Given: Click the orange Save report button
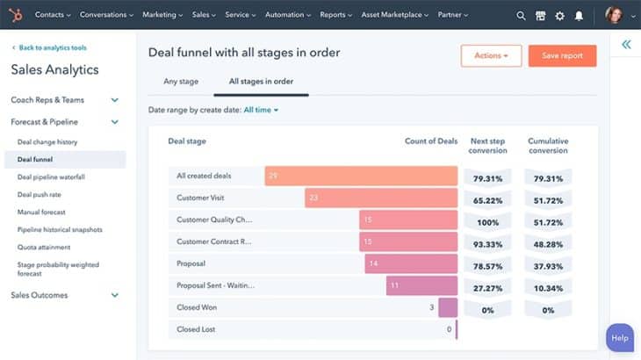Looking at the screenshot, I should pyautogui.click(x=562, y=56).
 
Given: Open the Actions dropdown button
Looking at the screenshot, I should pyautogui.click(x=491, y=56).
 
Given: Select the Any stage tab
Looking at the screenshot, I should pyautogui.click(x=181, y=82).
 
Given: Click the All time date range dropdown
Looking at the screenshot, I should pyautogui.click(x=261, y=110).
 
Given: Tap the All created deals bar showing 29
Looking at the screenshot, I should pyautogui.click(x=361, y=176).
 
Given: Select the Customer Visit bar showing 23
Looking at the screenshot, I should pyautogui.click(x=381, y=198).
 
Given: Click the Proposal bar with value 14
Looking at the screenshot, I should pyautogui.click(x=411, y=263).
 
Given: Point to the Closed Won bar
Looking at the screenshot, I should pyautogui.click(x=448, y=307).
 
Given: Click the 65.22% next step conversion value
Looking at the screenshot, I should pyautogui.click(x=487, y=200).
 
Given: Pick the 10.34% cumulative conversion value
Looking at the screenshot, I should pyautogui.click(x=548, y=288).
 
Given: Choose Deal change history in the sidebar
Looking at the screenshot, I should pyautogui.click(x=47, y=141).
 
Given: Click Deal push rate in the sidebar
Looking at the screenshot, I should pyautogui.click(x=40, y=194).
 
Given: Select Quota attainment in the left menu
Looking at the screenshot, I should pyautogui.click(x=45, y=247).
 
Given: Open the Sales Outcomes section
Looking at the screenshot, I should pyautogui.click(x=40, y=295).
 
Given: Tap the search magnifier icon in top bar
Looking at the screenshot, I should pyautogui.click(x=521, y=15).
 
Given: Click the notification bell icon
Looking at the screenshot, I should pyautogui.click(x=579, y=15).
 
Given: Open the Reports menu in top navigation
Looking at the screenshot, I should pyautogui.click(x=336, y=15).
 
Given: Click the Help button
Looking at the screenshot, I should pyautogui.click(x=620, y=338).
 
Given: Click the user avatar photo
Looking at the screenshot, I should pyautogui.click(x=614, y=15).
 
